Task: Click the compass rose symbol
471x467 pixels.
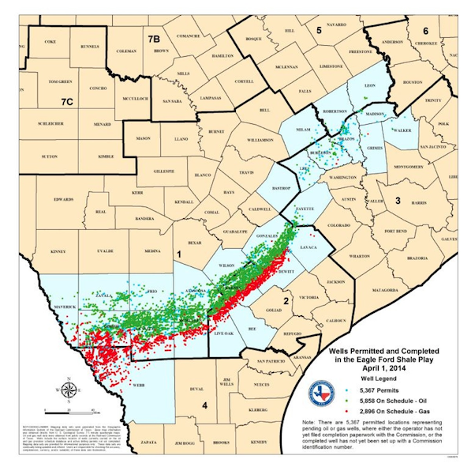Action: pos(69,390)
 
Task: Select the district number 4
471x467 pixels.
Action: pos(204,406)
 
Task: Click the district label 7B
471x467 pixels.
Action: pos(154,38)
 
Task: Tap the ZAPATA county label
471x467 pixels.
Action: pos(141,456)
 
